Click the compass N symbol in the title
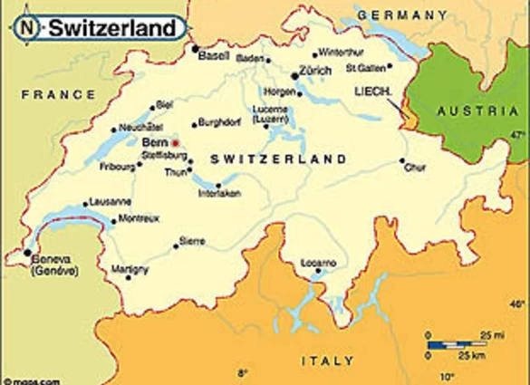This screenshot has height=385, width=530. click(x=30, y=29)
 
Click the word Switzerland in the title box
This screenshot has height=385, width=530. click(x=111, y=29)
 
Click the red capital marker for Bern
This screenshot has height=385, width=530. click(x=176, y=143)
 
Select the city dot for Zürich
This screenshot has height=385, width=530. click(x=294, y=76)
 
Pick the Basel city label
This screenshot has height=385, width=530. click(x=215, y=56)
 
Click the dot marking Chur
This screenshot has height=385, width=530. click(x=401, y=161)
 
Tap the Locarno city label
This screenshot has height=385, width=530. click(x=319, y=263)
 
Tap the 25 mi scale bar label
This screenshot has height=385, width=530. click(x=493, y=335)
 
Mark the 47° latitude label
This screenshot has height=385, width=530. click(x=519, y=135)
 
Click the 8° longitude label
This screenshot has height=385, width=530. click(x=242, y=373)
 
